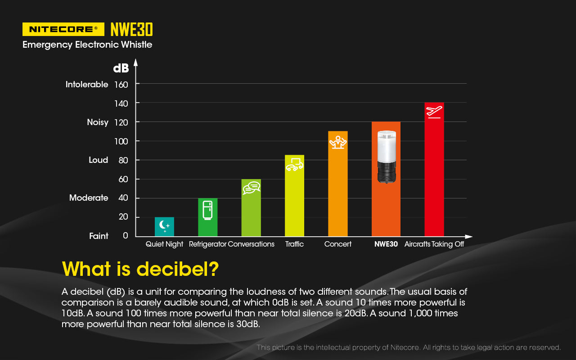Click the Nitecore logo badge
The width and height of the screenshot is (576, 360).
click(63, 29)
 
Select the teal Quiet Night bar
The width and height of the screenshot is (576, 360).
click(164, 227)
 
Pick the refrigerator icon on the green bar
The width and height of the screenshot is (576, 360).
click(207, 210)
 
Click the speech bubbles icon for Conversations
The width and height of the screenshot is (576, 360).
click(252, 187)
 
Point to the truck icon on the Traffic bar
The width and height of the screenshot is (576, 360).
click(294, 164)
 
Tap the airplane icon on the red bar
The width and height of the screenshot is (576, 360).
click(434, 111)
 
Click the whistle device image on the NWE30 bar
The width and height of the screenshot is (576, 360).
click(386, 157)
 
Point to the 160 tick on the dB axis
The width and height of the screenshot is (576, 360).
click(121, 84)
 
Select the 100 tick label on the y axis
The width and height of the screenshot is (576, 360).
click(121, 141)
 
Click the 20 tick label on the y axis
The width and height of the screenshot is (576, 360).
click(123, 217)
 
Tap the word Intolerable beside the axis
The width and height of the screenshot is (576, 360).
click(87, 84)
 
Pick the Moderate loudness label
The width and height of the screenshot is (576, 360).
click(89, 198)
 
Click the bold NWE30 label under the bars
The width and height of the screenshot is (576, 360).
click(386, 244)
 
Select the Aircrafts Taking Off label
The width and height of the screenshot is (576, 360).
click(434, 244)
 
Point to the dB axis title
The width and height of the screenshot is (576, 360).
click(121, 68)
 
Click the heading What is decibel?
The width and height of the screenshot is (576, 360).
click(140, 269)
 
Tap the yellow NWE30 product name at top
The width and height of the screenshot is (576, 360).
click(131, 29)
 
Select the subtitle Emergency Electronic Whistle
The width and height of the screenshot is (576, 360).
click(87, 45)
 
